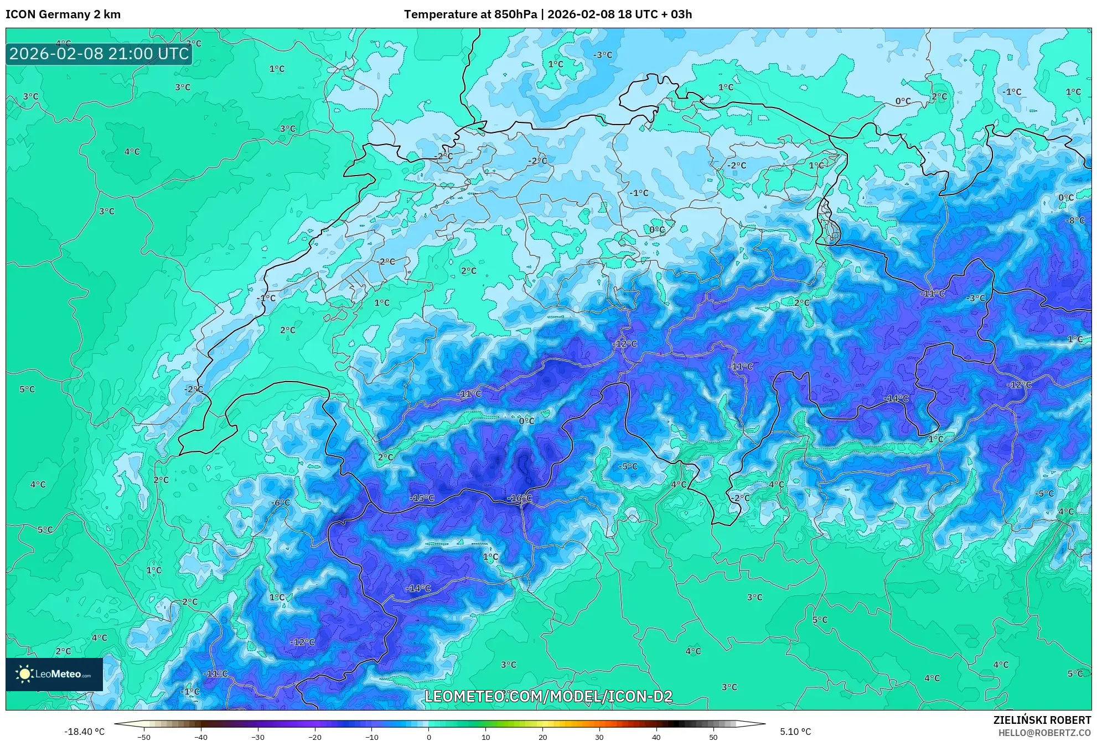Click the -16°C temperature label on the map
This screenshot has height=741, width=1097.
(x=519, y=498)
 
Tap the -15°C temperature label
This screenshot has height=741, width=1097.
(x=422, y=498)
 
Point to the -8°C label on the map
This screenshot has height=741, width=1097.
(x=1075, y=220)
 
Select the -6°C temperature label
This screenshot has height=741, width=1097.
(x=281, y=502)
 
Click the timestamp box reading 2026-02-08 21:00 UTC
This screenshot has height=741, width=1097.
(x=99, y=54)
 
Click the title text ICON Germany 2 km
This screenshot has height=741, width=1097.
(x=63, y=14)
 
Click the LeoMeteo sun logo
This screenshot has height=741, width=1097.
(x=24, y=674)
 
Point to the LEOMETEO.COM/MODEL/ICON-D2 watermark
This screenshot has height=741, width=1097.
(x=548, y=696)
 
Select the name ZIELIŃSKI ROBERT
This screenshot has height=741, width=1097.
(x=1042, y=720)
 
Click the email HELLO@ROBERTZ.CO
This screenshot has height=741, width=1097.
(x=1044, y=733)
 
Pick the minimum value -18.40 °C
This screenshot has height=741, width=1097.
(x=84, y=732)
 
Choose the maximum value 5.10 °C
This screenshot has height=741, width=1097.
(x=795, y=732)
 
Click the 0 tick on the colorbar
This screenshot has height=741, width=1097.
(x=428, y=737)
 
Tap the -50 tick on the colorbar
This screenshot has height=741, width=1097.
(x=143, y=737)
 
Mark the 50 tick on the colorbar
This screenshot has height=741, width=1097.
(x=713, y=737)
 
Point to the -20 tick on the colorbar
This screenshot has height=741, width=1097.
(x=314, y=737)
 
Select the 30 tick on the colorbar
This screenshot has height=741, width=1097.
(x=599, y=737)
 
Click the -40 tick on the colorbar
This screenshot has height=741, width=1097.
(x=200, y=737)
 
